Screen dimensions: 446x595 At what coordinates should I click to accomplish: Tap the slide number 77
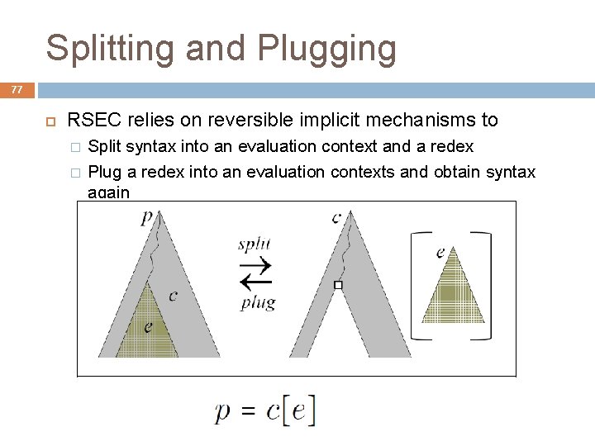pos(17,90)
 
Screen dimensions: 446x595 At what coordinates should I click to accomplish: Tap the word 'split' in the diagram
pos(254,245)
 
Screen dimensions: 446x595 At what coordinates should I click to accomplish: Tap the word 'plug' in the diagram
pos(258,302)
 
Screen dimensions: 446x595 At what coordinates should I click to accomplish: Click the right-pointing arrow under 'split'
pos(255,266)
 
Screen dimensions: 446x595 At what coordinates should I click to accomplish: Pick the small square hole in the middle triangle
pos(337,285)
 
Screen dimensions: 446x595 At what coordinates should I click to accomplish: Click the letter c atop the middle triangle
pos(336,217)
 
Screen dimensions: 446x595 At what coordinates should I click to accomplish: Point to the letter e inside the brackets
pos(440,250)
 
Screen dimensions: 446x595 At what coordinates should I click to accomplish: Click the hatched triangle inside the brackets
pos(453,293)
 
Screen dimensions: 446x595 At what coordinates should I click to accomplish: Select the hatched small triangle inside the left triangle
pos(147,330)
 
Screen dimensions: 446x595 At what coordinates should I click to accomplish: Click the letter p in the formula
pos(223,412)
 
